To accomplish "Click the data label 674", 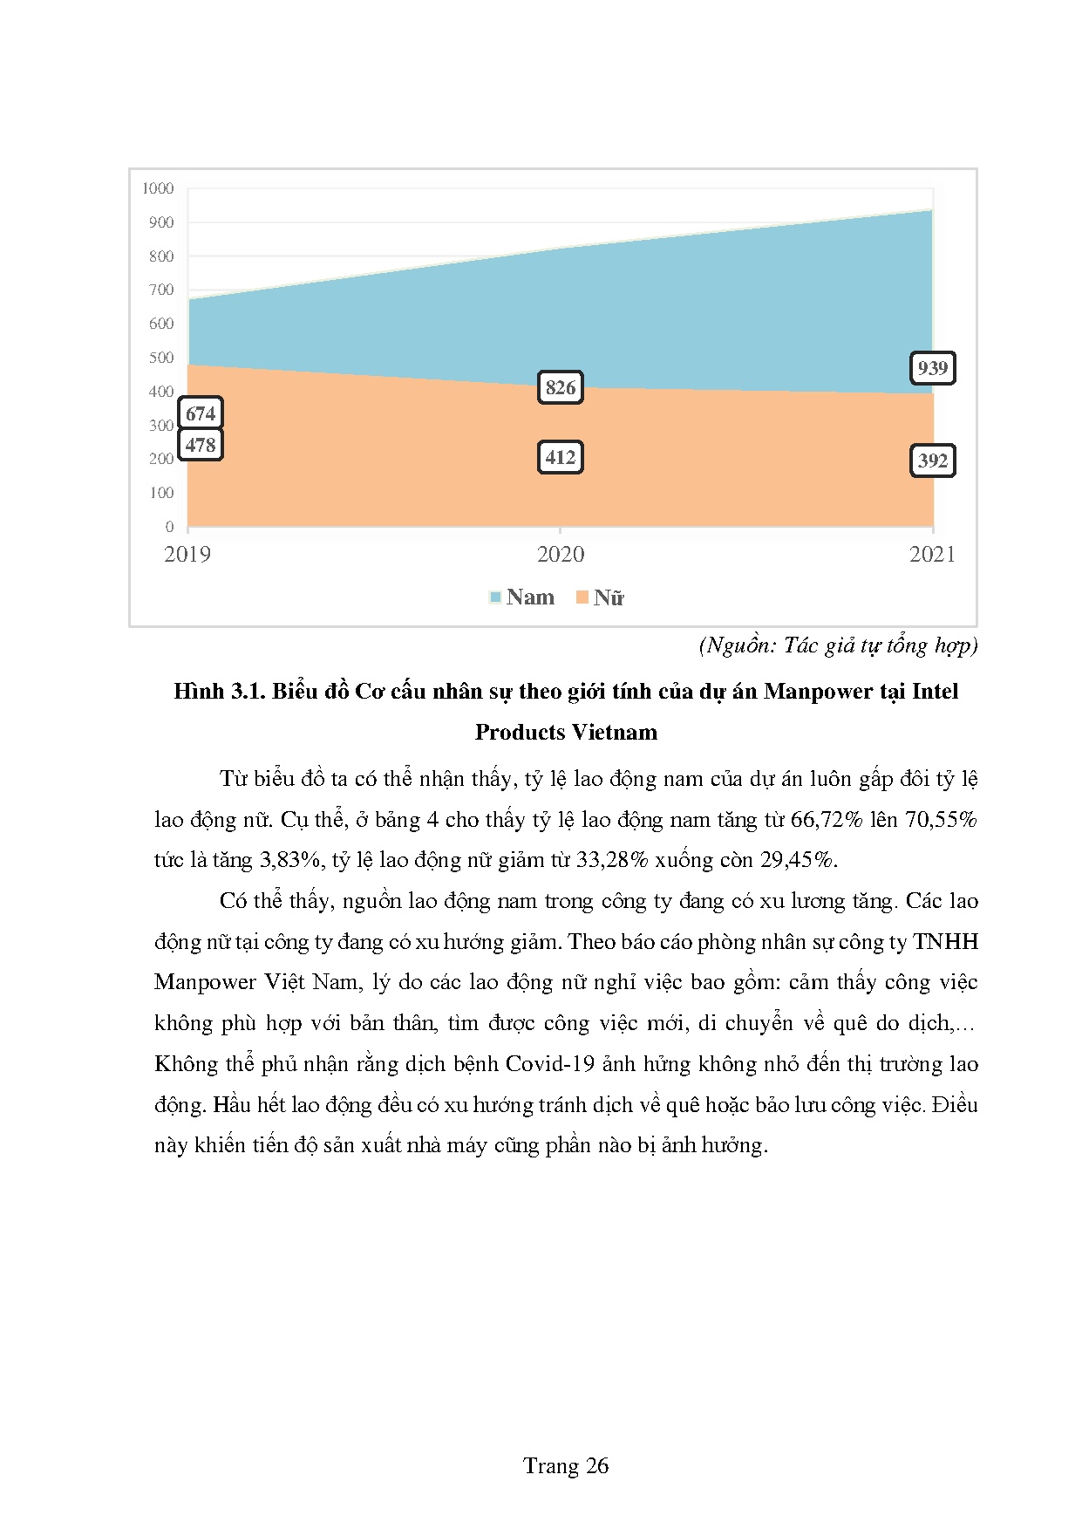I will coord(201,413).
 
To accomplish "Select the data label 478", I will coord(201,445).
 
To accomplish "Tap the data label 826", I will coord(561,387).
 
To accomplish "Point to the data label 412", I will coord(561,457).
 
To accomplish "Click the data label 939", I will coord(932,368).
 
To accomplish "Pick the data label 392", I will coord(932,461).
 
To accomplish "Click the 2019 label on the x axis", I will coord(187,555).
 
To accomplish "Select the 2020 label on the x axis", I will coord(561,555).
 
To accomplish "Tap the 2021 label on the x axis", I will coord(932,555).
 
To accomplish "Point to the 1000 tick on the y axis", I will coord(158,188).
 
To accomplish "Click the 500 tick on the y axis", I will coord(161,358).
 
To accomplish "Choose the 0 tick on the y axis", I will coord(169,527).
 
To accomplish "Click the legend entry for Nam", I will coord(521,597).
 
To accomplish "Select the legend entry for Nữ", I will coord(600,597).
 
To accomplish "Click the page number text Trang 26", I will coord(566,1466).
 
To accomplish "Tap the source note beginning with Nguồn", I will coord(838,645).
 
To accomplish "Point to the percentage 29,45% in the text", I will coord(797,860).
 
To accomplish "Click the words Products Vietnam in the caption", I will coord(566,733).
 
